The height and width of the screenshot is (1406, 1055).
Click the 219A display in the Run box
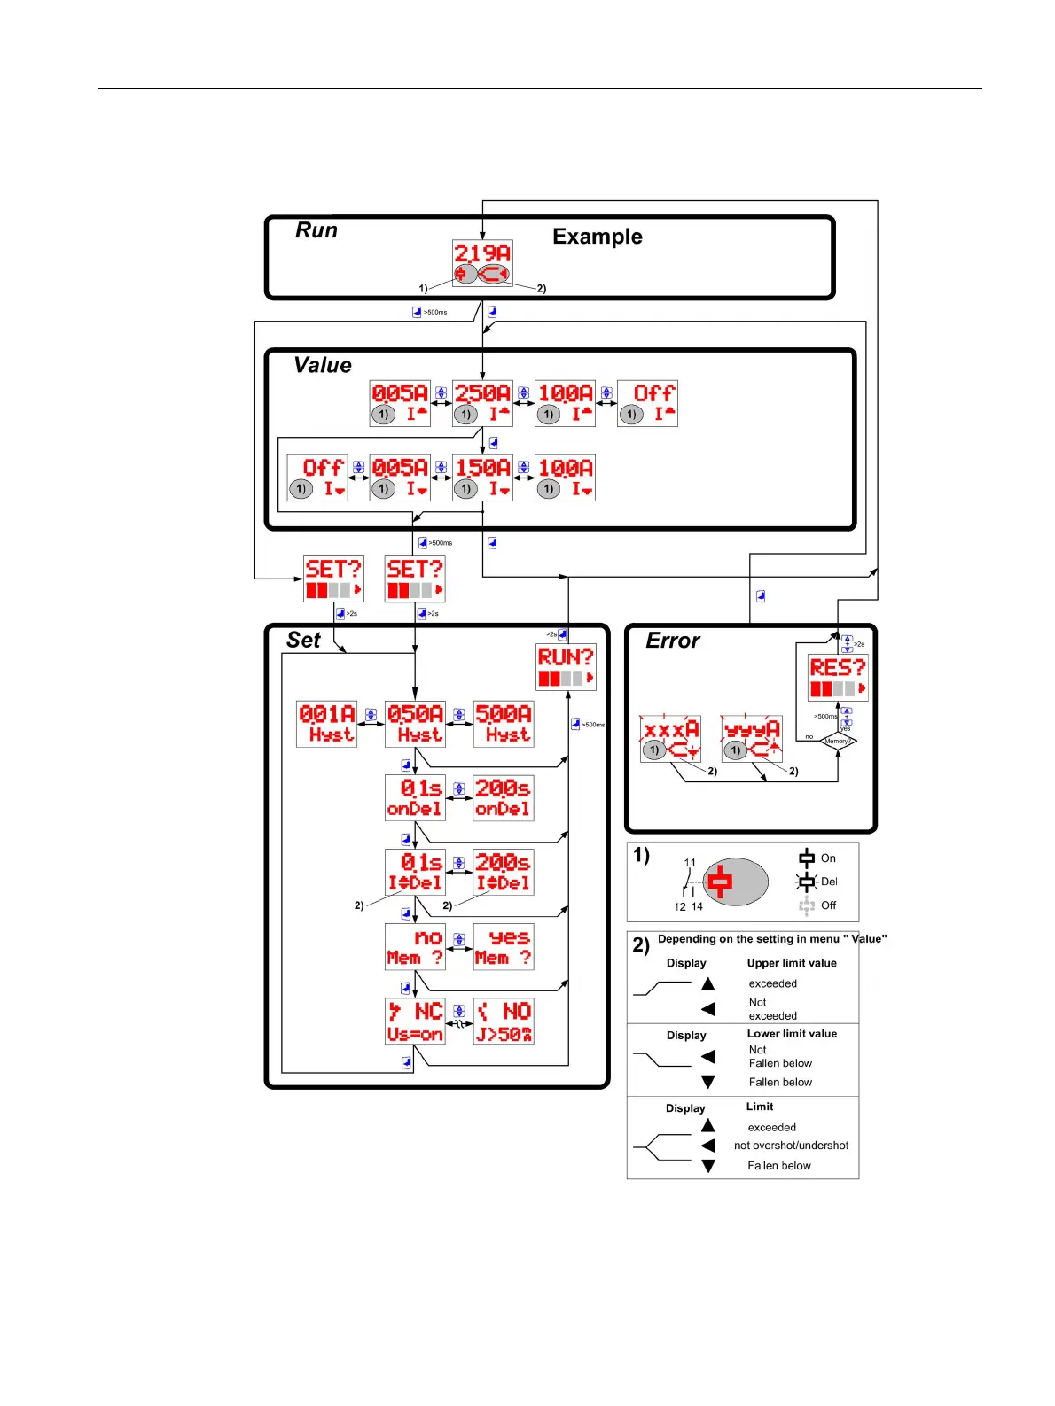coord(482,262)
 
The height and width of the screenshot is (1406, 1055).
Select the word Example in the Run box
coord(597,237)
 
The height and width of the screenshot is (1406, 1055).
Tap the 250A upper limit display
coord(482,403)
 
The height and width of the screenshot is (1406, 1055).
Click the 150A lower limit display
coord(482,478)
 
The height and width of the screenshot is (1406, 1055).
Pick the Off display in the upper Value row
coord(647,403)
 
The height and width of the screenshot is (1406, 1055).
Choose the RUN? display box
coord(566,666)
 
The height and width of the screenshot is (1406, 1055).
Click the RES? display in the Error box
coord(838,678)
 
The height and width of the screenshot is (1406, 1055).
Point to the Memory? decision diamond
coord(838,741)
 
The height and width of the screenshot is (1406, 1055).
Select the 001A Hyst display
coord(326,724)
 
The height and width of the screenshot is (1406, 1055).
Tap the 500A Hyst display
coord(504,724)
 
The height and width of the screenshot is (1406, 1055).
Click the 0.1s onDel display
coord(415,797)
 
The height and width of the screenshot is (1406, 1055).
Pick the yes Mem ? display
coord(504,946)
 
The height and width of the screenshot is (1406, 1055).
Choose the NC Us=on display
coord(415,1021)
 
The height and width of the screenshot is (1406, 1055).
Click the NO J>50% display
coord(504,1021)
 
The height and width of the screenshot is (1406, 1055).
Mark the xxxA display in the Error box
coord(670,739)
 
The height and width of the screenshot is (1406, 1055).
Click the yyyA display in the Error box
coord(751,739)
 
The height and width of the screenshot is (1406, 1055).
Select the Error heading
coord(672,641)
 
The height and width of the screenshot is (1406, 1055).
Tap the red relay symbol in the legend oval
coord(720,882)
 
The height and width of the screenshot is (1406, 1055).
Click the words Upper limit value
coord(792,963)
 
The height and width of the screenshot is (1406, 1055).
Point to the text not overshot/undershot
coord(791,1146)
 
